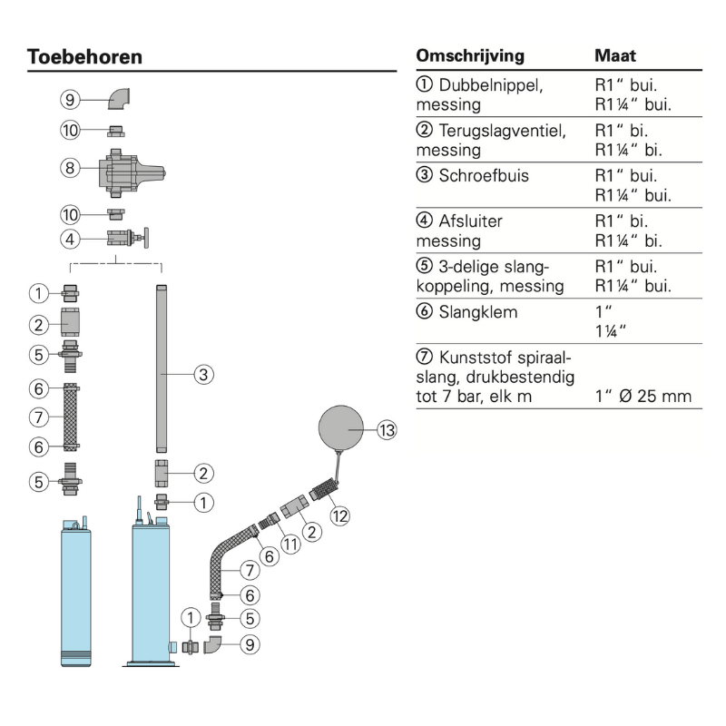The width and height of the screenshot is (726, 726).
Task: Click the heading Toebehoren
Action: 85,56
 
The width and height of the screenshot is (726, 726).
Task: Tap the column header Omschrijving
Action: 470,56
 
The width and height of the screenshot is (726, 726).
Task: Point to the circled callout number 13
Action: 388,430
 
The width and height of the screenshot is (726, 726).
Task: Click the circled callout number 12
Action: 339,516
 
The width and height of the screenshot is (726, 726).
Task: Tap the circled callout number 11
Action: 291,544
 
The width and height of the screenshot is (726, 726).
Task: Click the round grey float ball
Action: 342,427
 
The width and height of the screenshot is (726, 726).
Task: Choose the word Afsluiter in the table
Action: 471,220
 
